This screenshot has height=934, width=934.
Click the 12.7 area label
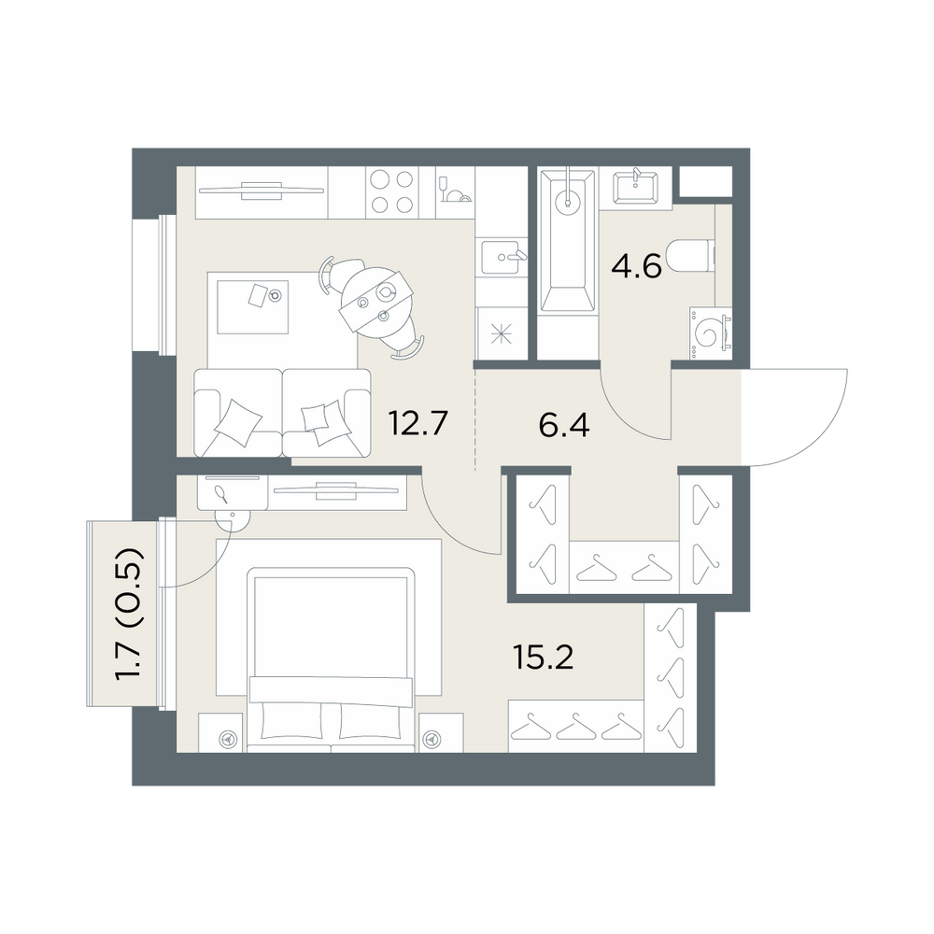pos(417,422)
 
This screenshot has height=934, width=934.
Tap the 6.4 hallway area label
pos(563,425)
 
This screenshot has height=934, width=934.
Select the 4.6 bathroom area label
pos(636,266)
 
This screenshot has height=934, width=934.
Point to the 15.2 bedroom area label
pos(543,658)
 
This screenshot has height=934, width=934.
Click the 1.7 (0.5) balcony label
pos(129,614)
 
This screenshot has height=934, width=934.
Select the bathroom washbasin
pos(635,187)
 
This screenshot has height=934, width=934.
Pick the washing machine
pos(711,333)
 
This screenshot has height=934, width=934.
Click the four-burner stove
pos(392,191)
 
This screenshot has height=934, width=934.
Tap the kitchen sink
pos(502,257)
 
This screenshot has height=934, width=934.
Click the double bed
pos(332,659)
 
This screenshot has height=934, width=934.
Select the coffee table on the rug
pos(252,306)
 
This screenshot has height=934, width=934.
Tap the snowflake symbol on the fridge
pos(501,334)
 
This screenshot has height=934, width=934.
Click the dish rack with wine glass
pos(455,190)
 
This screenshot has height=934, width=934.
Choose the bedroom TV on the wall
pos(335,491)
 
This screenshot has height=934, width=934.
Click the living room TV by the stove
pos(262,191)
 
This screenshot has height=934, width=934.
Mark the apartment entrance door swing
pos(795,417)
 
